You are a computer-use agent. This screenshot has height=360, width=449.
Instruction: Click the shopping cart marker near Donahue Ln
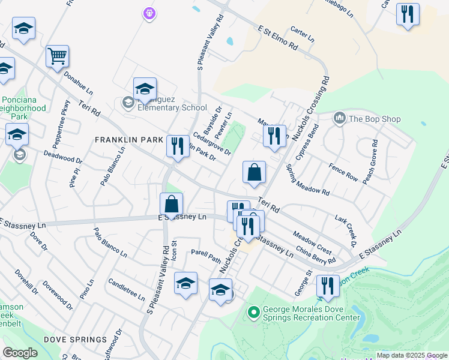tap(58, 57)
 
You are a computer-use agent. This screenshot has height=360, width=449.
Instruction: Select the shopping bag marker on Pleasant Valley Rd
tap(171, 204)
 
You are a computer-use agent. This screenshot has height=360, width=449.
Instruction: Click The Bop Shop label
tap(375, 119)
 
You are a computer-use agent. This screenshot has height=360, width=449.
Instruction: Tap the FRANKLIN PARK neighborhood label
tap(129, 139)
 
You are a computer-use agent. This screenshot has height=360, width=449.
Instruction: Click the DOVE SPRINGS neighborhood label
tap(79, 340)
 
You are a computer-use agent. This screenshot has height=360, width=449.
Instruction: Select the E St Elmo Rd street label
tap(277, 37)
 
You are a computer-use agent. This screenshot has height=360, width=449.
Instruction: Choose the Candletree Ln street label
tap(126, 289)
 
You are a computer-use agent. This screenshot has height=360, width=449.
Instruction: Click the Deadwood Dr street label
tap(62, 157)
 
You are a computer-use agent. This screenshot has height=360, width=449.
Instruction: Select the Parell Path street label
tap(206, 256)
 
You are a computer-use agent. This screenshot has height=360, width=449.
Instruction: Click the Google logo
tap(20, 353)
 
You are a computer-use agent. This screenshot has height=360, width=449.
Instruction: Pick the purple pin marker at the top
tap(149, 12)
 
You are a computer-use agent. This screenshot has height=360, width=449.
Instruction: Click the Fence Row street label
tap(343, 174)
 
